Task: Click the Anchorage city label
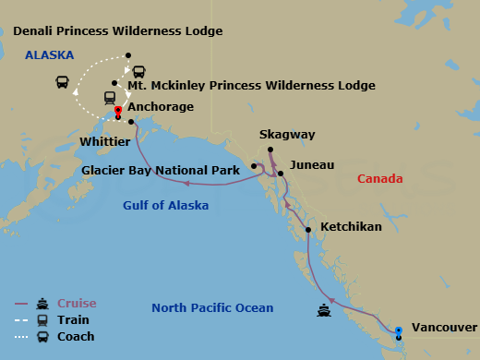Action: [161, 107]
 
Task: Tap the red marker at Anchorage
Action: [118, 114]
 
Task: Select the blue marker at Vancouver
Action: [398, 330]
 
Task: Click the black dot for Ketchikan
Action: [307, 230]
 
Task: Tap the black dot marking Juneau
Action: [281, 174]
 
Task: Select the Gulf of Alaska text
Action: [165, 205]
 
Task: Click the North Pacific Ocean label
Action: [211, 307]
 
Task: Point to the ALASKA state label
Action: [49, 54]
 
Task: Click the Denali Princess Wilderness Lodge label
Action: [118, 31]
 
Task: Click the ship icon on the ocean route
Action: [324, 310]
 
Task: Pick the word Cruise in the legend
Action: [77, 304]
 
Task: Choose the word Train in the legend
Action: [73, 320]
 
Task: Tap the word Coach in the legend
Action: [76, 337]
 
